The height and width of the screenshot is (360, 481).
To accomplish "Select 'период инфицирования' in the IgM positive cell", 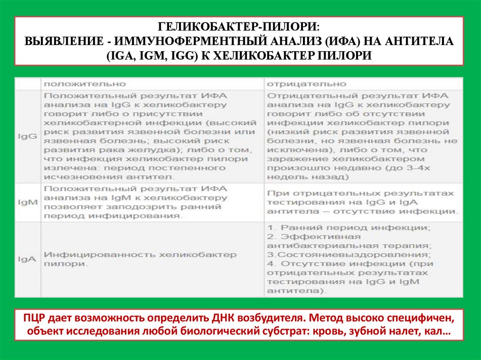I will pos(112,216).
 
